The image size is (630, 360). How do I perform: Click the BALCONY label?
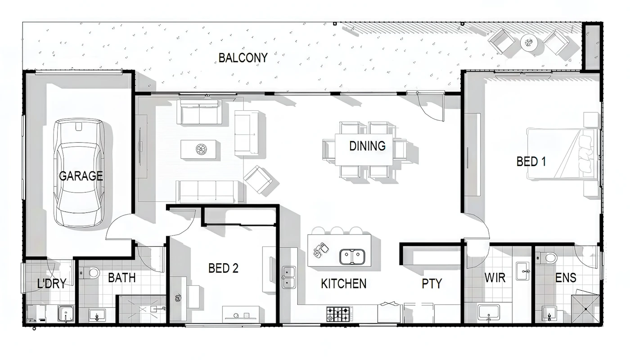click(x=243, y=58)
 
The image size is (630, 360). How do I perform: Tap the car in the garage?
click(x=79, y=173)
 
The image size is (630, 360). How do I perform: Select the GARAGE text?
click(x=81, y=176)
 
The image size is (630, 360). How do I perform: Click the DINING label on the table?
click(x=367, y=146)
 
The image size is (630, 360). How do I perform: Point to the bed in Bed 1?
click(x=562, y=154)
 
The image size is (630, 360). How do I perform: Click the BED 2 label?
click(x=223, y=268)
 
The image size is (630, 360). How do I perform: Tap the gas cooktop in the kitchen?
click(x=338, y=314)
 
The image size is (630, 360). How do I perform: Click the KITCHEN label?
click(x=344, y=284)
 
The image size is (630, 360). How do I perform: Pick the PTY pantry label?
click(x=432, y=284)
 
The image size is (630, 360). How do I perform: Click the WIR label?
click(x=495, y=278)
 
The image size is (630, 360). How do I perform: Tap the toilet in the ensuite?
click(x=547, y=258)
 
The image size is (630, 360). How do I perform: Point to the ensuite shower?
click(x=585, y=309)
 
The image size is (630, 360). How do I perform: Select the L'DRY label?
click(x=52, y=283)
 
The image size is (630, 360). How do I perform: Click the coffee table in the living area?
click(x=198, y=149)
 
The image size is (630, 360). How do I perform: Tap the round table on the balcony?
click(x=529, y=42)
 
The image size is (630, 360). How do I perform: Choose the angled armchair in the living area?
click(x=258, y=180)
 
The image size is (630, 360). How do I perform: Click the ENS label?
click(x=566, y=278)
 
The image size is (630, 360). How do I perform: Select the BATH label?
click(x=122, y=278)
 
